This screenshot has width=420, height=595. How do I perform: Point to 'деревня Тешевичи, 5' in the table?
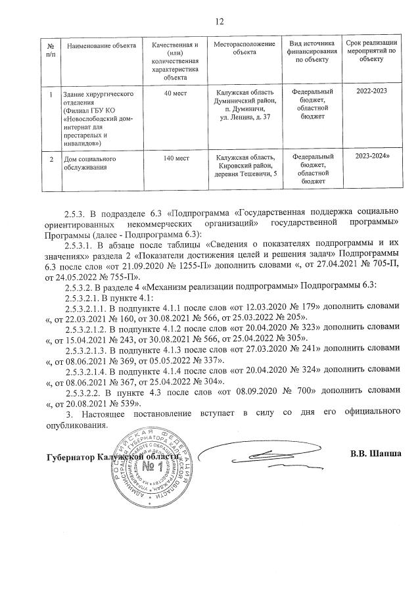point(244,173)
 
